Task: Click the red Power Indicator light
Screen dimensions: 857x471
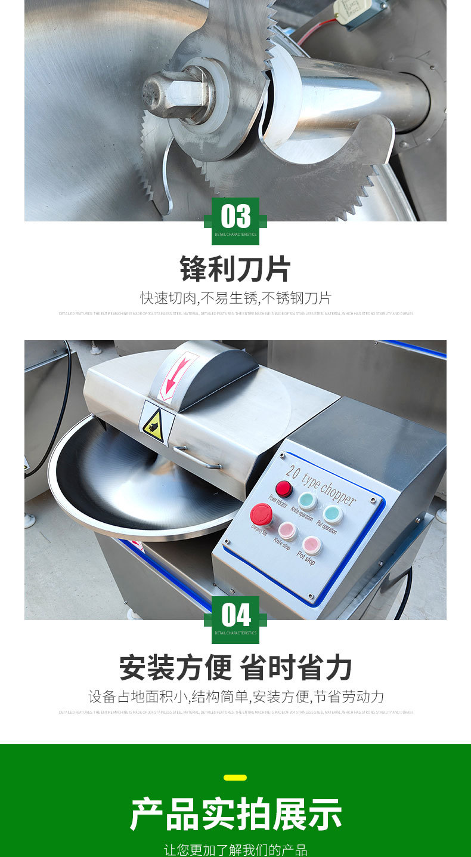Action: pyautogui.click(x=284, y=489)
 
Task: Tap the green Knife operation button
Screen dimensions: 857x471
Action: pyautogui.click(x=308, y=500)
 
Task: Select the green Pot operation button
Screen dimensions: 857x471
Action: pyautogui.click(x=333, y=514)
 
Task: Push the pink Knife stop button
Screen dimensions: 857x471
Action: pyautogui.click(x=288, y=531)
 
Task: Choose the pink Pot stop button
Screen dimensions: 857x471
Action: pyautogui.click(x=311, y=545)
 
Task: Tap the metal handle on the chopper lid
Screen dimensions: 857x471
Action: pyautogui.click(x=197, y=458)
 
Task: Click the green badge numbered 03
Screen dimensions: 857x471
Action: pyautogui.click(x=235, y=220)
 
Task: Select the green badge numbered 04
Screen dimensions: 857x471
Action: pyautogui.click(x=235, y=619)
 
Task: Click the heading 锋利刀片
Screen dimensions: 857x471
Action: pyautogui.click(x=235, y=269)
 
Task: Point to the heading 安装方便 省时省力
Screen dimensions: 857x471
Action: pyautogui.click(x=235, y=668)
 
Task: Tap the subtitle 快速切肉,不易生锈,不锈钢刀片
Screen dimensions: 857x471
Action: pyautogui.click(x=235, y=298)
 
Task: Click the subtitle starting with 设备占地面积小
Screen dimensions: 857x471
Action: pyautogui.click(x=235, y=696)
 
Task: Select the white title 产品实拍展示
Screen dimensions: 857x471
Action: pyautogui.click(x=235, y=814)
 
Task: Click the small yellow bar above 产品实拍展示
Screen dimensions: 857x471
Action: pyautogui.click(x=235, y=777)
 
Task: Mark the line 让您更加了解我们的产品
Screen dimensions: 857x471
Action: pyautogui.click(x=235, y=849)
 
